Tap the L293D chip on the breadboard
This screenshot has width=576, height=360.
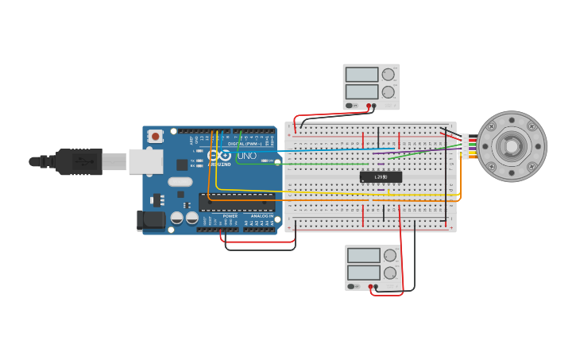click(381, 176)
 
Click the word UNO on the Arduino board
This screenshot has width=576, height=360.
click(247, 156)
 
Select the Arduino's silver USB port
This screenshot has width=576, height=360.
click(145, 161)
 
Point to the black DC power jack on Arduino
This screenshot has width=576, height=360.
click(151, 219)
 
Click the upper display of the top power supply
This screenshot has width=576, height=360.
click(361, 75)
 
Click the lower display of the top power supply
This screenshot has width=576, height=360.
click(361, 91)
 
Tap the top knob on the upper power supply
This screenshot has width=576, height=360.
click(388, 75)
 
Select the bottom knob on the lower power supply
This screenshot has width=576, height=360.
click(390, 273)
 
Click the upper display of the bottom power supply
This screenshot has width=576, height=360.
click(364, 256)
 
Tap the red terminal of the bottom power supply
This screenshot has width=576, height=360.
click(370, 286)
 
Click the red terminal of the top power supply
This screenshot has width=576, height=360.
click(369, 105)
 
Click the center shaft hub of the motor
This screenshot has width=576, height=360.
click(511, 146)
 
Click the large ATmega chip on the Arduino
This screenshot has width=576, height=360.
click(236, 202)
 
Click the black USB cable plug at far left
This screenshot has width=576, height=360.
click(75, 161)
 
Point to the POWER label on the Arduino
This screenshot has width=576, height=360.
click(230, 215)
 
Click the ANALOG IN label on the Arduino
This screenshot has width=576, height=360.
click(261, 215)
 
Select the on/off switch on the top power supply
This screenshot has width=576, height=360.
click(351, 105)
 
